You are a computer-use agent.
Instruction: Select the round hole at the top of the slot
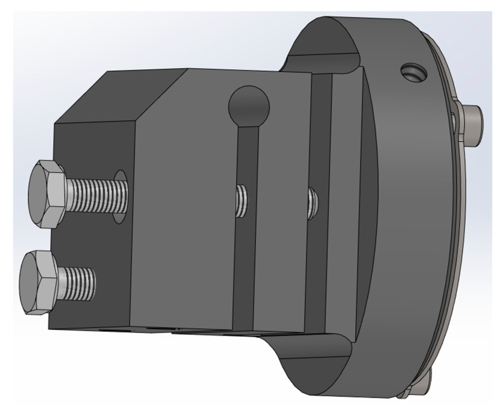pos(249,106)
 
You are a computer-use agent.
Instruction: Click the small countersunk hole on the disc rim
pos(413,72)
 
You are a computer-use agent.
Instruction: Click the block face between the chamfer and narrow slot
pos(185,203)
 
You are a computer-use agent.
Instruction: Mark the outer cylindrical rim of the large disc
pos(411,232)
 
